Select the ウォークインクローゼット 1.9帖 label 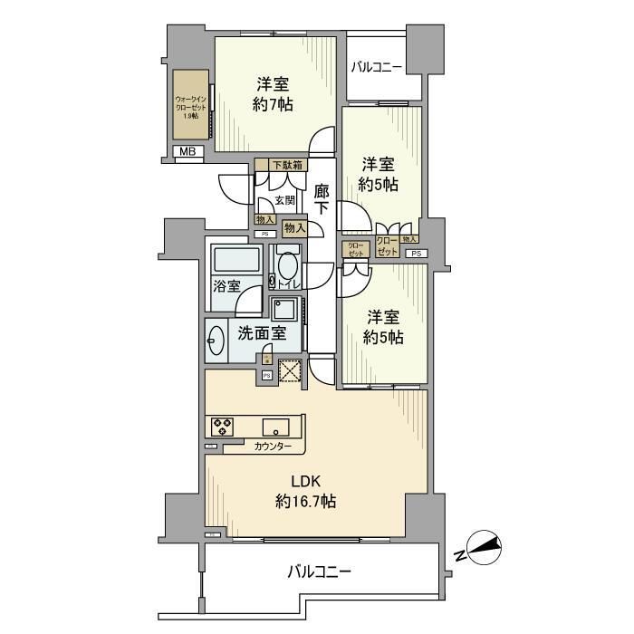191,107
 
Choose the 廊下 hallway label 322,200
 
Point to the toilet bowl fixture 286,267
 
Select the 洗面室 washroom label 261,332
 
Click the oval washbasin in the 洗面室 216,341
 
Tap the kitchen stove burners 224,427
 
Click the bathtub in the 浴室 235,260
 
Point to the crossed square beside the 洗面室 289,371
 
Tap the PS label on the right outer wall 416,254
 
